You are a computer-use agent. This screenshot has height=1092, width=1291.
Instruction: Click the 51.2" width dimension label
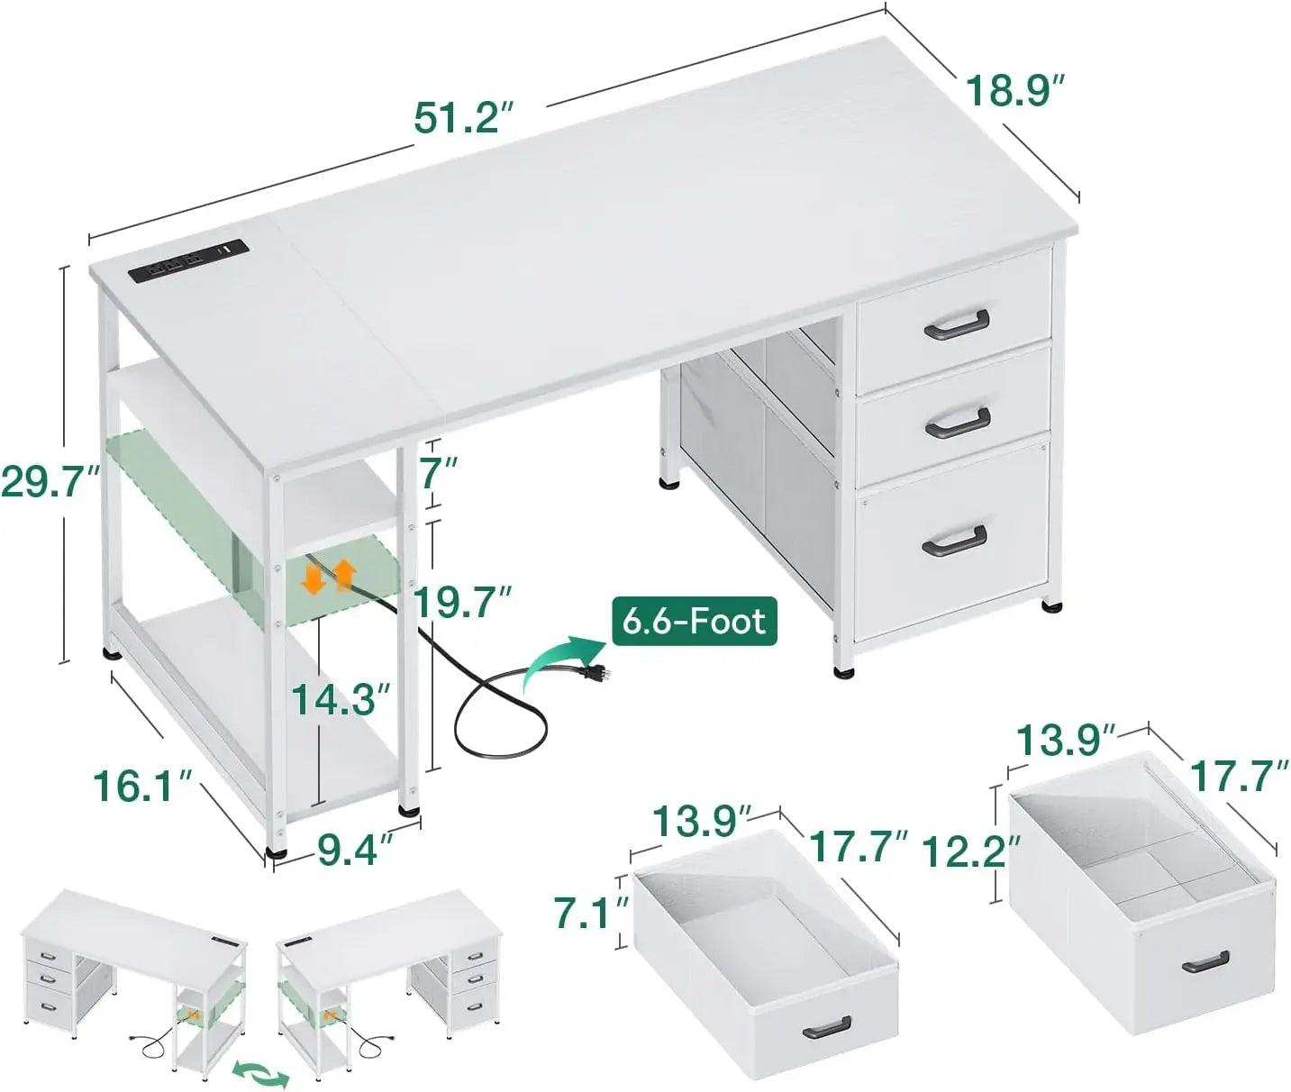[x=463, y=118]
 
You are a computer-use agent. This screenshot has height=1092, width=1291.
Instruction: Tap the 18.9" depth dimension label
[x=1015, y=91]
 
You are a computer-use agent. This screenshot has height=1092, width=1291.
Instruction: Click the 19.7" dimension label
[x=463, y=603]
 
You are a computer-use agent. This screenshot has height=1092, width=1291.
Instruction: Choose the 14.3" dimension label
[x=341, y=700]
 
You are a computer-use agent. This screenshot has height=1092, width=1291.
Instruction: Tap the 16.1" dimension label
[x=144, y=787]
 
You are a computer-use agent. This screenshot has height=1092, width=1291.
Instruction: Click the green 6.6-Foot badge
[x=694, y=621]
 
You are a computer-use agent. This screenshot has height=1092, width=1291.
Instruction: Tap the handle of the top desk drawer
[x=957, y=324]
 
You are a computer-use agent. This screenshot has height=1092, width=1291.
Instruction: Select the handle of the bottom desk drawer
[x=954, y=539]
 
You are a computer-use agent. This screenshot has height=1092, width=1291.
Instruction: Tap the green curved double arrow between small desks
[x=260, y=1072]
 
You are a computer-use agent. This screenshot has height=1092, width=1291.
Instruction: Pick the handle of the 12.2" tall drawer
[x=1205, y=961]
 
